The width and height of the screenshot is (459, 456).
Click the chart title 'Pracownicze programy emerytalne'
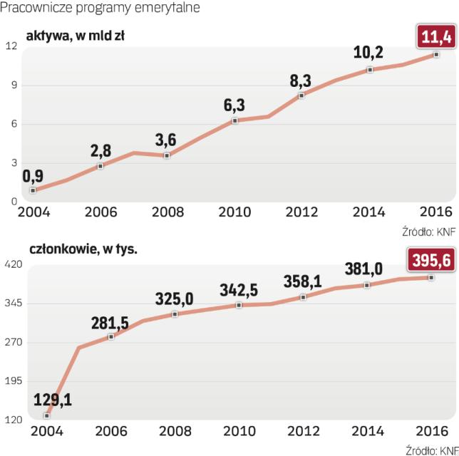100,9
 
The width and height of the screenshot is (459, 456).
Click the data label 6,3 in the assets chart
234,105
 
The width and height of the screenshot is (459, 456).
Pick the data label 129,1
51,400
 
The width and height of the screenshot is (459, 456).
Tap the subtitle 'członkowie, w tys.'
81,249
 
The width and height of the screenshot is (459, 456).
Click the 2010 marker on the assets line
233,120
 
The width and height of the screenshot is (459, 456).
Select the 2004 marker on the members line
46,415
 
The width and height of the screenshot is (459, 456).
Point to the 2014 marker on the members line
368,285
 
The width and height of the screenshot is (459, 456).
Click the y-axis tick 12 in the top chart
11,46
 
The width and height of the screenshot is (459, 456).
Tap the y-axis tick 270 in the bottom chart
13,343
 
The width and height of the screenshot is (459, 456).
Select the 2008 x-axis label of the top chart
168,212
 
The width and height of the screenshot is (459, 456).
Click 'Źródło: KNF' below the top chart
428,231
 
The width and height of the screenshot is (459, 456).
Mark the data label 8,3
301,80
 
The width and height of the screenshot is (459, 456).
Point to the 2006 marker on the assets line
100,165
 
